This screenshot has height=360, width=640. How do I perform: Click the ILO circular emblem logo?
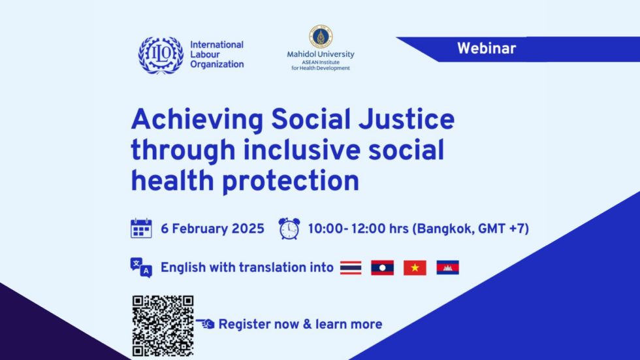click(161, 56)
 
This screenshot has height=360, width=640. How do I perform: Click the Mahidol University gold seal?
click(320, 37)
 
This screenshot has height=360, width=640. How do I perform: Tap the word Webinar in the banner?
click(486, 48)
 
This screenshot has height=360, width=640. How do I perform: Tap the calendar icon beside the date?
click(141, 229)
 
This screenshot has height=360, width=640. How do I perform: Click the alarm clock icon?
click(289, 229)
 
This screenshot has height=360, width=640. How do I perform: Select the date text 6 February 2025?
click(212, 229)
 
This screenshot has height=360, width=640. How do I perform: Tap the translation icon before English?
click(141, 267)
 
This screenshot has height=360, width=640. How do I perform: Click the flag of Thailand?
click(351, 267)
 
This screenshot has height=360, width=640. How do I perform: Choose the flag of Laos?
click(382, 267)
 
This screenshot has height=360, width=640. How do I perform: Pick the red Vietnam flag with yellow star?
click(415, 267)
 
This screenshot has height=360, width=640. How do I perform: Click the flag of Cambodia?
click(447, 267)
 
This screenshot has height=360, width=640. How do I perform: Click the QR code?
click(163, 325)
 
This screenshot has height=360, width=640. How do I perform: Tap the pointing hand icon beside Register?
click(205, 324)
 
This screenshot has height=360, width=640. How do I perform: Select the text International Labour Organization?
click(216, 55)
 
